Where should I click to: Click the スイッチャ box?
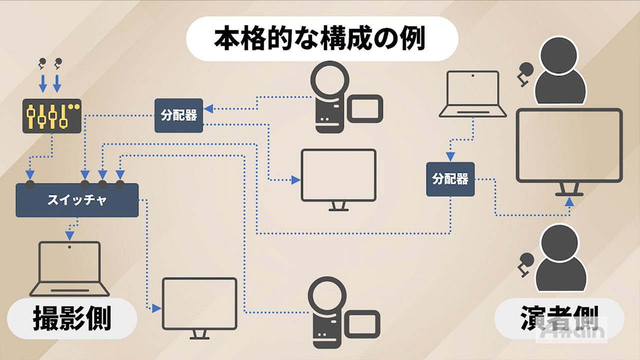pos(77,200)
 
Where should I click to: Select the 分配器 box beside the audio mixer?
pos(178,115)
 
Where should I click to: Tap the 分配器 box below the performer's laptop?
pos(450,179)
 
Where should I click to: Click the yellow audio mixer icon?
pos(51,115)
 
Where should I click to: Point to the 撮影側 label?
pos(71,318)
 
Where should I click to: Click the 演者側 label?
pos(559,318)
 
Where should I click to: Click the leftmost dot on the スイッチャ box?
pos(30,184)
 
